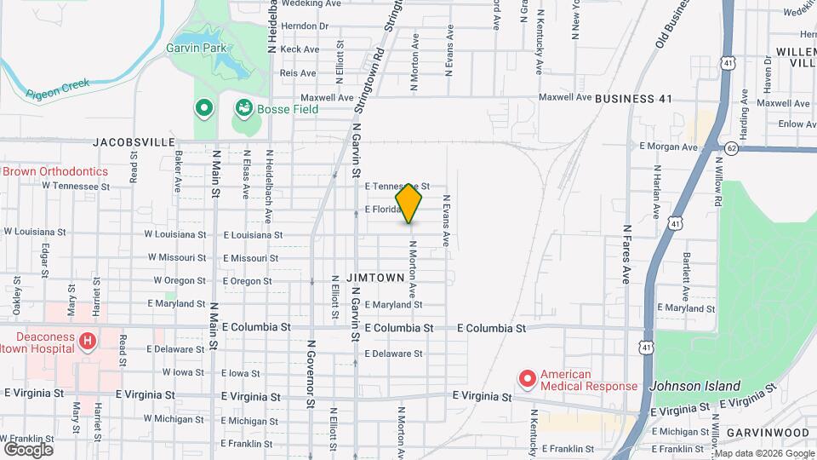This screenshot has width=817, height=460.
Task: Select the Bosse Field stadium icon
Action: tap(244, 108)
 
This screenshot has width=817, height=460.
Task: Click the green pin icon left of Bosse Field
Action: tap(204, 108)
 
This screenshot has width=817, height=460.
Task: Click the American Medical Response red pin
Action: tap(527, 377)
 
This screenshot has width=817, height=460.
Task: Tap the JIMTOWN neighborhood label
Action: tap(374, 279)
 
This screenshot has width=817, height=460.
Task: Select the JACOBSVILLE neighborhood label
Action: tap(134, 142)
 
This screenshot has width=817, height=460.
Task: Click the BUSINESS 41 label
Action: tap(633, 99)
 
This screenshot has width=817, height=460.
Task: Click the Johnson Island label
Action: tap(695, 386)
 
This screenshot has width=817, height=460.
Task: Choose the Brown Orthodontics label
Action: tap(55, 171)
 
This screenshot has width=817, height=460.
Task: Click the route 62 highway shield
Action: tap(732, 148)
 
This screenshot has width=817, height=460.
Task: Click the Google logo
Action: tap(28, 449)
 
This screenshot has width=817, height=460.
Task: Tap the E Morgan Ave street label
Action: tap(668, 147)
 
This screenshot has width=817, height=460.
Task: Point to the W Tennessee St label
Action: tap(77, 185)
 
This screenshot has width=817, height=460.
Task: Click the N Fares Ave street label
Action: tap(626, 254)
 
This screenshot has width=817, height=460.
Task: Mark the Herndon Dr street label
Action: tap(304, 26)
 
